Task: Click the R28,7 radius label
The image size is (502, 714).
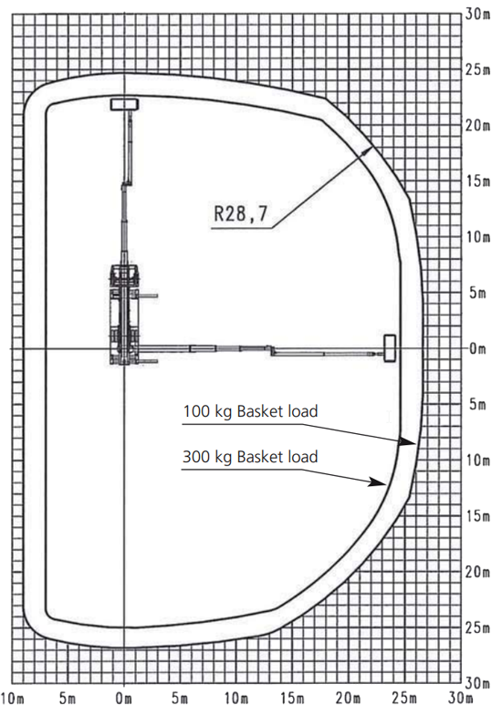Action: pos(240,213)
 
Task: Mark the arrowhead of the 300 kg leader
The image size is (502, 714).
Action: pos(378,482)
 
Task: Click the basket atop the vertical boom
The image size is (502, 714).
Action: pos(124,104)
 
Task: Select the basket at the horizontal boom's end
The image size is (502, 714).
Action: pos(390,348)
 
